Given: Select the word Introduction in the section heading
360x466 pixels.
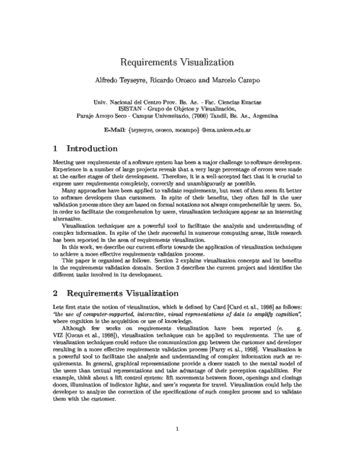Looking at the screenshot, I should [x=91, y=148].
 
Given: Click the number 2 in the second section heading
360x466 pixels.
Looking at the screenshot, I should [x=55, y=294].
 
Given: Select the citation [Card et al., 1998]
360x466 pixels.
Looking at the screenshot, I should [x=252, y=307].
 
